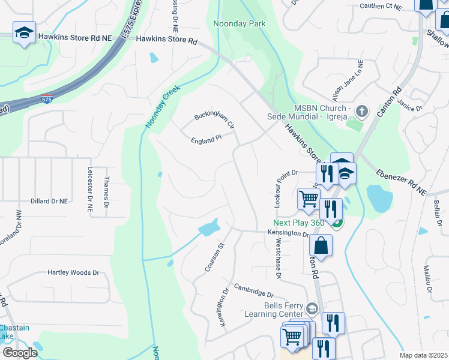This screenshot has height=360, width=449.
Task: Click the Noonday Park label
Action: click(x=239, y=23)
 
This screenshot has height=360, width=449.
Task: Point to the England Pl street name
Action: click(x=206, y=137)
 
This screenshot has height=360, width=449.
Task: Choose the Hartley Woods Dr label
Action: click(x=73, y=272)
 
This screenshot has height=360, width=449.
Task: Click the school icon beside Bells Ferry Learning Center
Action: click(x=312, y=308)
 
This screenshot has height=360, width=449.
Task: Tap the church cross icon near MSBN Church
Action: click(x=361, y=111)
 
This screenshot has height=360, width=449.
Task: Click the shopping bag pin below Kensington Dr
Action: click(x=321, y=245)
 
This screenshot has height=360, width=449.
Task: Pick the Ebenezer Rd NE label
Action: click(x=400, y=182)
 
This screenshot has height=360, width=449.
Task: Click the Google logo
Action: click(x=20, y=353)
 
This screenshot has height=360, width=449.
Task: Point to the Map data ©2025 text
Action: click(x=423, y=355)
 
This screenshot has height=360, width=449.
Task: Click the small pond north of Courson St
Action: click(x=208, y=228)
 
